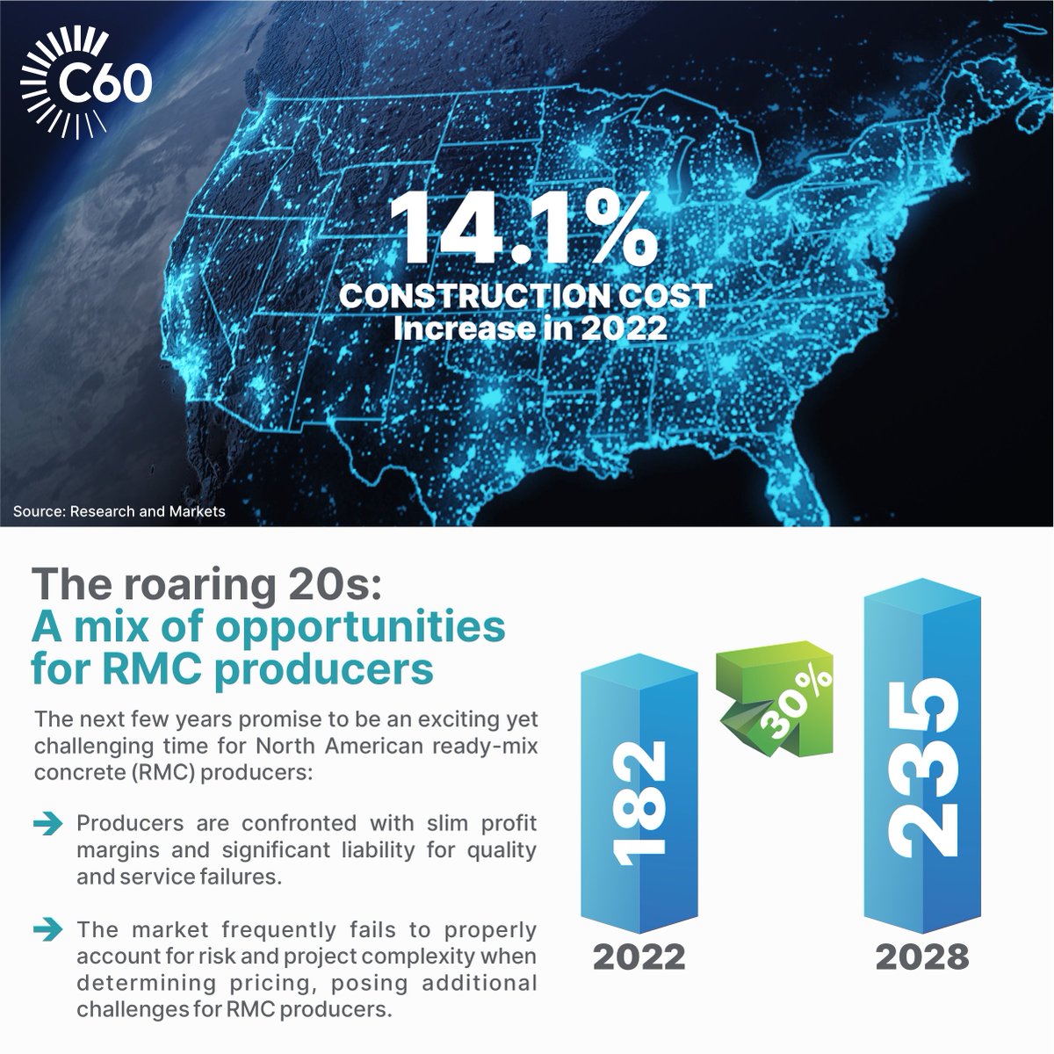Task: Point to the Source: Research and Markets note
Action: (x=119, y=511)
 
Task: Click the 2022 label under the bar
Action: (x=639, y=957)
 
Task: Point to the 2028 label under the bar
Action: (x=921, y=957)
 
